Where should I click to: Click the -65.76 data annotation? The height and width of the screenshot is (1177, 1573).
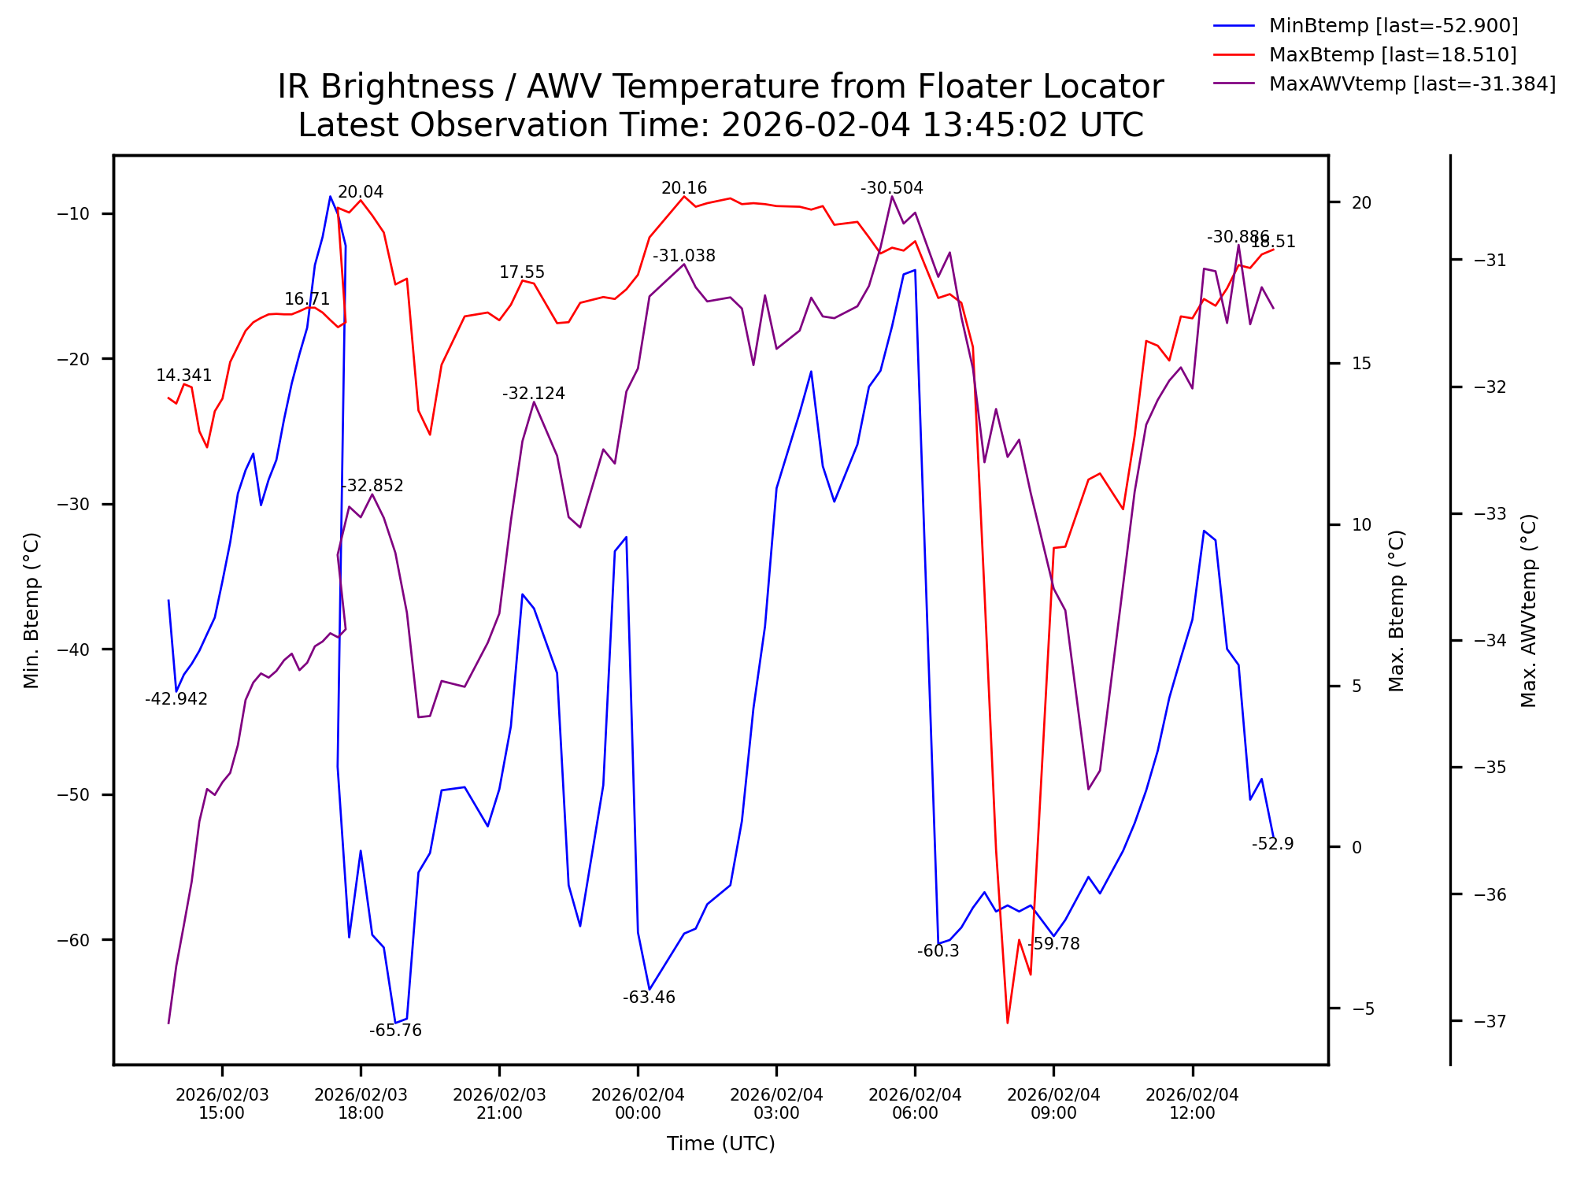pyautogui.click(x=395, y=1031)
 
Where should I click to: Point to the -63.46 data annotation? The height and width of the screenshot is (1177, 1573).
pyautogui.click(x=649, y=997)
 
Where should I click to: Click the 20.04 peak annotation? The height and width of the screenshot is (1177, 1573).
pyautogui.click(x=361, y=192)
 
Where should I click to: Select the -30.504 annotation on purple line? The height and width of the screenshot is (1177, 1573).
pyautogui.click(x=891, y=188)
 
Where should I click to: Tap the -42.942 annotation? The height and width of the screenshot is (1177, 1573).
pyautogui.click(x=176, y=699)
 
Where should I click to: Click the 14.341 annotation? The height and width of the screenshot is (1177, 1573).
pyautogui.click(x=183, y=376)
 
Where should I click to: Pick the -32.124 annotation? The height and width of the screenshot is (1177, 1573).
pyautogui.click(x=534, y=394)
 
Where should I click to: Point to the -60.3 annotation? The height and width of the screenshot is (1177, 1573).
pyautogui.click(x=938, y=951)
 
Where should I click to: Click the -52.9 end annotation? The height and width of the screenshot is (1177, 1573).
pyautogui.click(x=1272, y=844)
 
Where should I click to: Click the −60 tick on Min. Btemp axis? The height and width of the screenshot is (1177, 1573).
pyautogui.click(x=74, y=940)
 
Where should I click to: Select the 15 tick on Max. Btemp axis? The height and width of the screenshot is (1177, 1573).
pyautogui.click(x=1361, y=364)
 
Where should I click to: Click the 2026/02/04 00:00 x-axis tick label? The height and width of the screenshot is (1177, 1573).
pyautogui.click(x=638, y=1104)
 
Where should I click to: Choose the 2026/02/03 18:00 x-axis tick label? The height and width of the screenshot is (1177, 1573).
pyautogui.click(x=361, y=1104)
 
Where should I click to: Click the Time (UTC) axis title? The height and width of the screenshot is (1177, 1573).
pyautogui.click(x=720, y=1144)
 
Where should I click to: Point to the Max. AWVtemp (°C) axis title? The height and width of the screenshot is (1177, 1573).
pyautogui.click(x=1528, y=610)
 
